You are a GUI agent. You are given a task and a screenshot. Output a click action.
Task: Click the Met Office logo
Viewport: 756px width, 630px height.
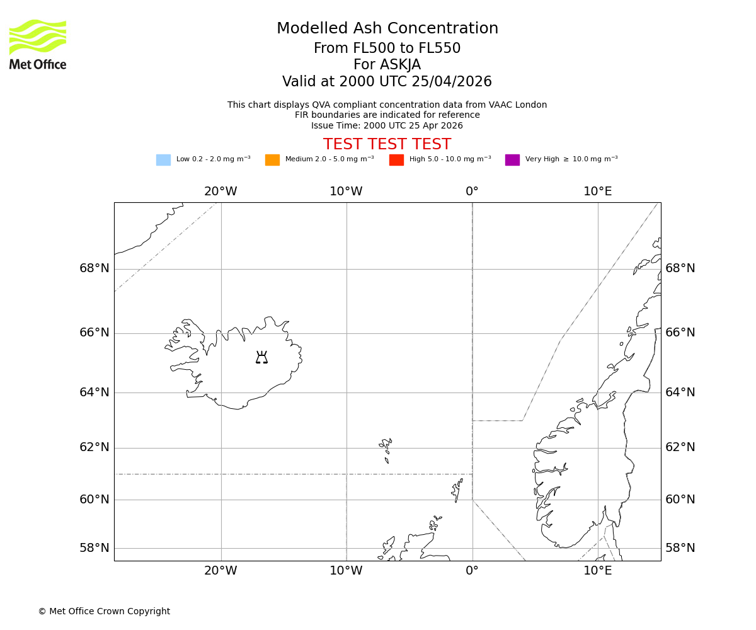[38, 44]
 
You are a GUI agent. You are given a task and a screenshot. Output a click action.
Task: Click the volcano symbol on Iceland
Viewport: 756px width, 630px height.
[261, 358]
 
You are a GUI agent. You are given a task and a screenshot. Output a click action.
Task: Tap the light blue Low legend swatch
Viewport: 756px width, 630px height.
[163, 160]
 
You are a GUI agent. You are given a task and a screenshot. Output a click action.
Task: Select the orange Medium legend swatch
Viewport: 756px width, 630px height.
[272, 160]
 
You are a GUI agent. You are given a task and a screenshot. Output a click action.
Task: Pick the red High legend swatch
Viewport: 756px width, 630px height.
[396, 160]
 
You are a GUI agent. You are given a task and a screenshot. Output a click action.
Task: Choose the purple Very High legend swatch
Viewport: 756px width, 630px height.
[512, 160]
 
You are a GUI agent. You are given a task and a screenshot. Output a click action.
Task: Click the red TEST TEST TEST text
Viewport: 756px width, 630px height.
[387, 145]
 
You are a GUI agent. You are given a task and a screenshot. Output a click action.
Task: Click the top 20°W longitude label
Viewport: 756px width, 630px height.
[220, 192]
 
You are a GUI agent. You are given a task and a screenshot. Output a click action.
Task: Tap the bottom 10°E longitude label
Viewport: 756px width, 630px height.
[597, 571]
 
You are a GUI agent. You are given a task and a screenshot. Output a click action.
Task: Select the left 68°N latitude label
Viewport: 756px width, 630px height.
[94, 268]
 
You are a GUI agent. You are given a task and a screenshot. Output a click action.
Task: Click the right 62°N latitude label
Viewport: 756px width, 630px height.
[680, 447]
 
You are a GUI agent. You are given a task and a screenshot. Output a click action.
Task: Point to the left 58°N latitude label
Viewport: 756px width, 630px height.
[94, 548]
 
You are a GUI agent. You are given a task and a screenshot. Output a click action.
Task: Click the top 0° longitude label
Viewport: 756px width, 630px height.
[472, 192]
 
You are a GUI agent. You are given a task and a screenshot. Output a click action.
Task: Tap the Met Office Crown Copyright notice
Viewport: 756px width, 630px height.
[104, 611]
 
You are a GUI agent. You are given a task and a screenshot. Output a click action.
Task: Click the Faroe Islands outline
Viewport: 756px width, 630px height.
[386, 448]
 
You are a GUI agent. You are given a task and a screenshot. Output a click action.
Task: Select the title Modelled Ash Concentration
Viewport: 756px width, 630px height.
[387, 29]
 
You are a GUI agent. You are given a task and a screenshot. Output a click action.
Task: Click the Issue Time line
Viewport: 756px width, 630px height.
[387, 126]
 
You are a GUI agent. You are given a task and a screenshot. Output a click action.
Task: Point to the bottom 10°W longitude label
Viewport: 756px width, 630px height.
[346, 571]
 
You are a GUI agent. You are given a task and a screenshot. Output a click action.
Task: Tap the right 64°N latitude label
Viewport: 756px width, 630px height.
[680, 392]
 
